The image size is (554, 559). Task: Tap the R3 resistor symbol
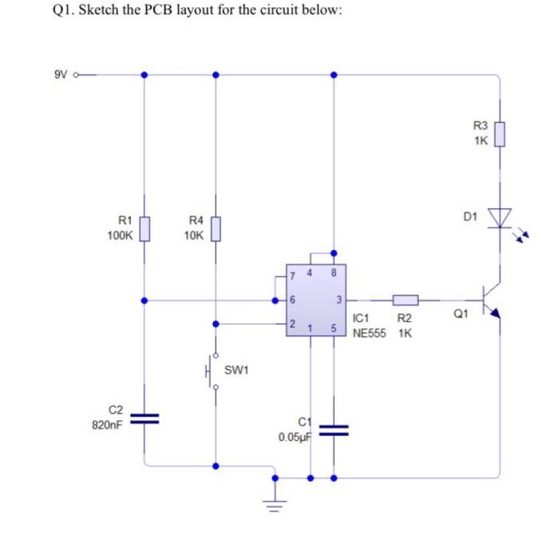click(499, 133)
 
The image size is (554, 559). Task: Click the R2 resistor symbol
click(405, 301)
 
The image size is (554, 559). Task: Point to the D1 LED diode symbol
click(501, 217)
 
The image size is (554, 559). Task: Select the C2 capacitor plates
click(144, 417)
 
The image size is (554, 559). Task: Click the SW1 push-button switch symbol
click(213, 370)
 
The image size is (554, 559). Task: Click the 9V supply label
click(61, 76)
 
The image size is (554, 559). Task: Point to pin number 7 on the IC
click(294, 276)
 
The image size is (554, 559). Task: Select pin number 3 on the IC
click(338, 301)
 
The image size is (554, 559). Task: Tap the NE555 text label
click(370, 332)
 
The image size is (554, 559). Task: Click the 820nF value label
click(107, 426)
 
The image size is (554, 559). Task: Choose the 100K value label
click(120, 236)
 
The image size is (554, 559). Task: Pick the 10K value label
click(193, 236)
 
